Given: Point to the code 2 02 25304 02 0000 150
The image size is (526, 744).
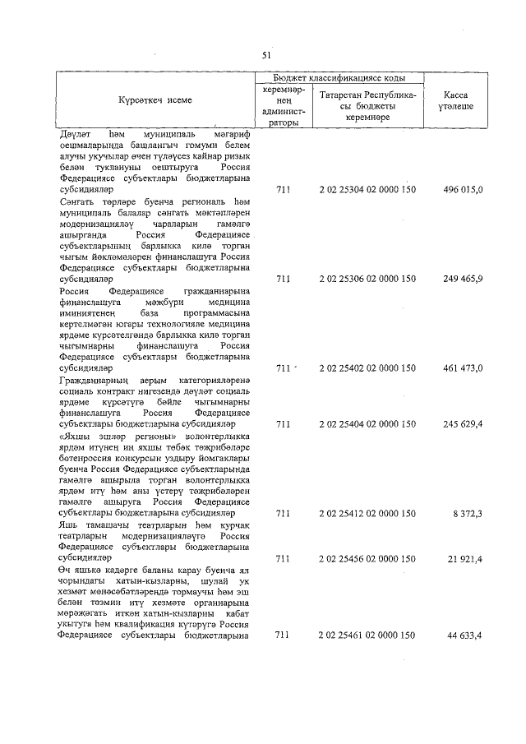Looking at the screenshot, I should click(367, 190).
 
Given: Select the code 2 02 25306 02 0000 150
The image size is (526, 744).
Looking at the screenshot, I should click(367, 279).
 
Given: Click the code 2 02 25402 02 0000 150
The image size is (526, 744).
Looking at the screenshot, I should click(367, 368).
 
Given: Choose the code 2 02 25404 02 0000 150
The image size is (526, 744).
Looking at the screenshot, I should click(367, 424).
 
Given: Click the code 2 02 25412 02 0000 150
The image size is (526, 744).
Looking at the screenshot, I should click(367, 513).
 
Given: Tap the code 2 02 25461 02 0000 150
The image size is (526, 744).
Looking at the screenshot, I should click(367, 635).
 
